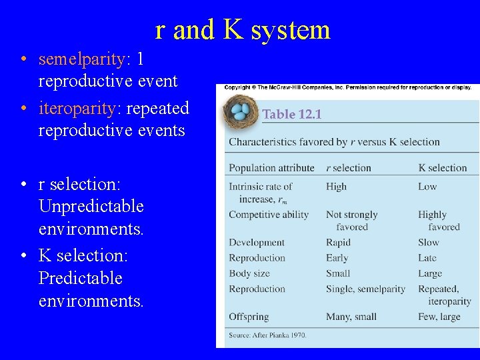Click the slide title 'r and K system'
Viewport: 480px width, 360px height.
click(x=243, y=30)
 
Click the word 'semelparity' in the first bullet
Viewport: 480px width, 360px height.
click(x=81, y=59)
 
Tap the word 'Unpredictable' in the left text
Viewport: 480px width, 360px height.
click(x=91, y=206)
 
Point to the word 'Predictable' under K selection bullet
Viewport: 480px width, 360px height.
click(x=81, y=277)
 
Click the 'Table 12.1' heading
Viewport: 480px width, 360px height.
click(x=292, y=114)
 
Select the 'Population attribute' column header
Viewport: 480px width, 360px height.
click(x=271, y=168)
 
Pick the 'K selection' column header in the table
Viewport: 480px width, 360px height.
click(x=442, y=168)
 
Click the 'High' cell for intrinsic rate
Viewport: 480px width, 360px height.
click(x=336, y=187)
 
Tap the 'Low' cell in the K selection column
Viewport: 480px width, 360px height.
click(x=427, y=187)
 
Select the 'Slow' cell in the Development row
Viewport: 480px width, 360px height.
click(x=429, y=243)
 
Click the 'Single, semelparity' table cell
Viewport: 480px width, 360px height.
click(x=365, y=289)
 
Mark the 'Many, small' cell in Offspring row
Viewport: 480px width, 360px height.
click(x=351, y=317)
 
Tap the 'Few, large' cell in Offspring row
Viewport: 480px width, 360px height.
click(x=439, y=317)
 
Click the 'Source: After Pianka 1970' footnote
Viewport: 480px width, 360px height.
click(x=268, y=335)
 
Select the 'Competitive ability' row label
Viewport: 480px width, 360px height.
click(x=269, y=215)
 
